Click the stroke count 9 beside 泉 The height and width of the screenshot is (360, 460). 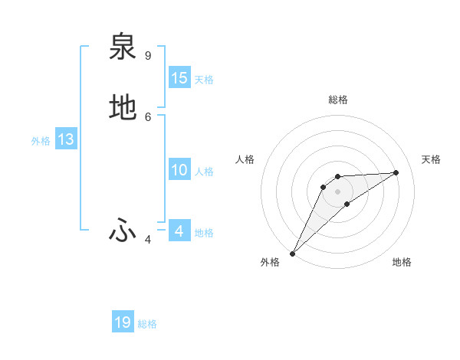click(x=148, y=56)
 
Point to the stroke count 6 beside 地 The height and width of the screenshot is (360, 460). click(x=148, y=116)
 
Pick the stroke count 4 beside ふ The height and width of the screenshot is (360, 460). click(x=148, y=240)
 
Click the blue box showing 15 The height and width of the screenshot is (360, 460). click(x=179, y=78)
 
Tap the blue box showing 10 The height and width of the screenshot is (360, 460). click(x=179, y=170)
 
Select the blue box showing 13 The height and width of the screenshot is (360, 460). click(x=66, y=139)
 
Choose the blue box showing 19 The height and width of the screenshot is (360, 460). click(x=123, y=322)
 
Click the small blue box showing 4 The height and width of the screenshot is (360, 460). click(x=179, y=231)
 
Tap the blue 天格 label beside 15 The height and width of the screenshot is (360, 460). click(x=204, y=80)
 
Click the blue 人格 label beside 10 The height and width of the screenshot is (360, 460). click(x=204, y=172)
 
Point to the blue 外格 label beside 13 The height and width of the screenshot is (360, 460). click(x=41, y=141)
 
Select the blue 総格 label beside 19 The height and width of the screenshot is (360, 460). click(x=147, y=324)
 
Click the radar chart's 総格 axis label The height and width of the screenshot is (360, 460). click(x=337, y=100)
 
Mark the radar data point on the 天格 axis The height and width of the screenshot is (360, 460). click(x=396, y=172)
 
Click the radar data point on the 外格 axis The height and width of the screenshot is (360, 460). click(x=292, y=254)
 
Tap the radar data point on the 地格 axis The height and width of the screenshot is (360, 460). click(x=347, y=204)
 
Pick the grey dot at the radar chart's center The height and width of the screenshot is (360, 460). click(x=337, y=191)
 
